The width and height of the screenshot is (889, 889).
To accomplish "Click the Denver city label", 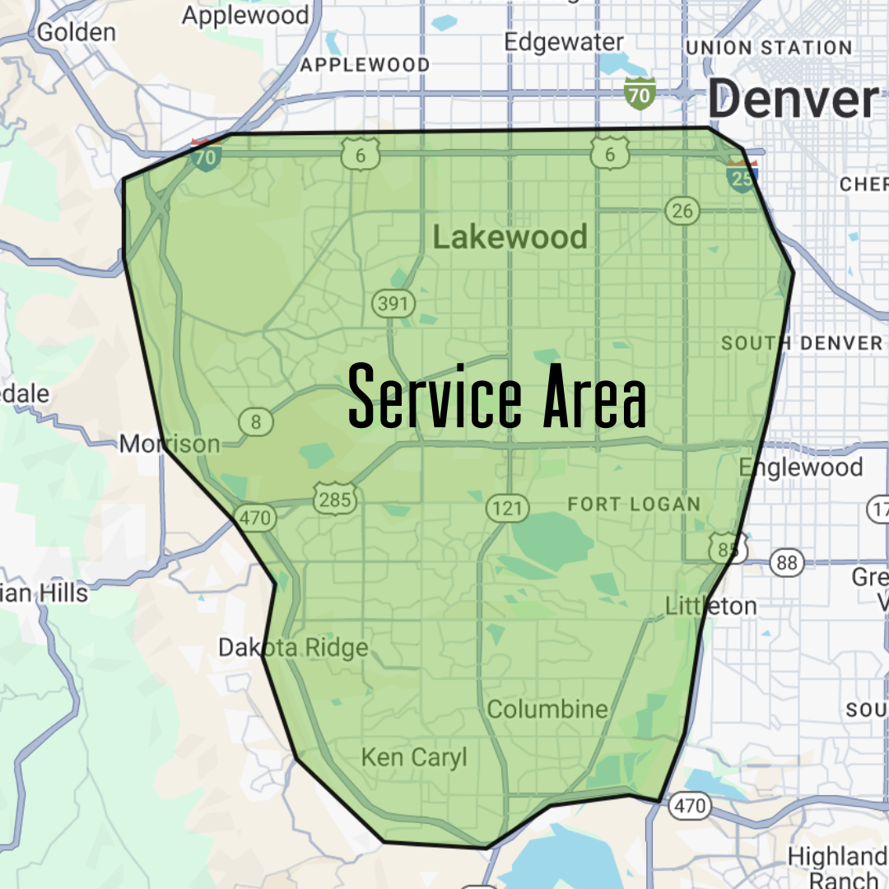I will pyautogui.click(x=793, y=100).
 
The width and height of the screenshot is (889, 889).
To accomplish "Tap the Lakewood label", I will pyautogui.click(x=510, y=238).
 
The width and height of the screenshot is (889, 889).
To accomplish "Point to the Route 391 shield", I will pyautogui.click(x=393, y=303).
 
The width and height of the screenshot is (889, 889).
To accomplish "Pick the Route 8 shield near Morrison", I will pyautogui.click(x=256, y=422).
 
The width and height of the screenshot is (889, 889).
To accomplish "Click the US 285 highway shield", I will pyautogui.click(x=334, y=499).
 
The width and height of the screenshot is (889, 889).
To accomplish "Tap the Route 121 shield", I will pyautogui.click(x=506, y=508).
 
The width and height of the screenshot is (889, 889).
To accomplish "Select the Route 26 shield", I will pyautogui.click(x=682, y=211).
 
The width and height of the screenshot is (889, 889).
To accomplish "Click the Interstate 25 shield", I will pyautogui.click(x=742, y=176).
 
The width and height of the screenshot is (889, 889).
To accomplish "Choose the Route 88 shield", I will pyautogui.click(x=787, y=562).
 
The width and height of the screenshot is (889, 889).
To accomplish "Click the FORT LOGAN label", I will pyautogui.click(x=634, y=504).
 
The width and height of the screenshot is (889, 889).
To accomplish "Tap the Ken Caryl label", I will pyautogui.click(x=414, y=756).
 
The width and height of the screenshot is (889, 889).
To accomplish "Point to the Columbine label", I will pyautogui.click(x=547, y=709).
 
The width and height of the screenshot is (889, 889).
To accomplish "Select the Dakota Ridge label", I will pyautogui.click(x=293, y=648).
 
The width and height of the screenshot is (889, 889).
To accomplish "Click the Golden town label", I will pyautogui.click(x=77, y=32).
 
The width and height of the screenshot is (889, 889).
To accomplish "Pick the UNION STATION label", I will pyautogui.click(x=768, y=48).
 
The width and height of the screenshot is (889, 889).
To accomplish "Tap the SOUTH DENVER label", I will pyautogui.click(x=802, y=342).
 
